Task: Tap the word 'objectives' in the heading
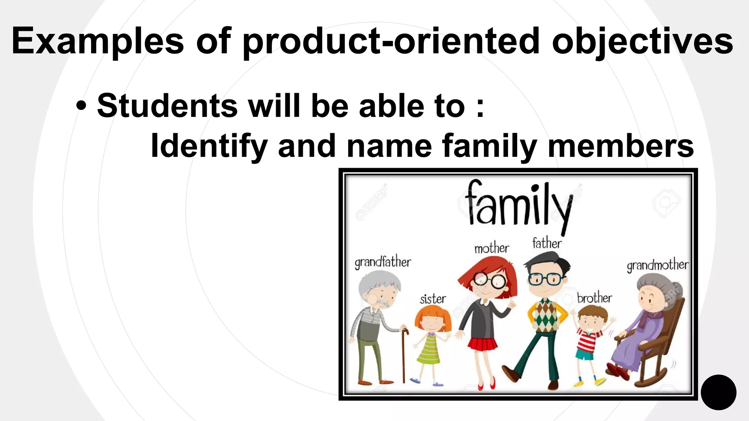click(642, 41)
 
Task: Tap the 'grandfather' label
click(383, 262)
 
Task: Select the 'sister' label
click(433, 299)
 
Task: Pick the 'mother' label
click(492, 249)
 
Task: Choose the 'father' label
click(547, 243)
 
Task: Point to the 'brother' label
click(594, 298)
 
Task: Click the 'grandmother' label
click(657, 265)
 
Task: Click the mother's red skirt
click(483, 344)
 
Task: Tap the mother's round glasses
click(489, 281)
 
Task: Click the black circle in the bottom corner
click(718, 392)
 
